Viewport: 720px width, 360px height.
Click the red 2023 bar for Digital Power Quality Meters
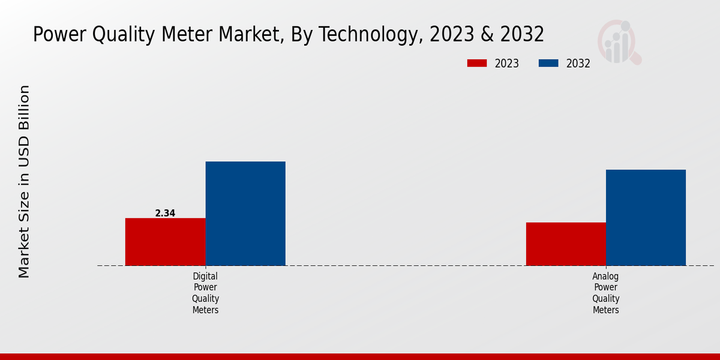[165, 241]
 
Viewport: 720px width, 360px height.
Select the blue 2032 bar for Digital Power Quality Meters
[245, 213]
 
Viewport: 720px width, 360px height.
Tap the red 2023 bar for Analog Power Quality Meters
[566, 244]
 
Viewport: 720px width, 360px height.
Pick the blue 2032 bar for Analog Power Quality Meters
[646, 217]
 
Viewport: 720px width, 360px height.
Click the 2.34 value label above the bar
[165, 213]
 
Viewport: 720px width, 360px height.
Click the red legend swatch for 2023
[477, 64]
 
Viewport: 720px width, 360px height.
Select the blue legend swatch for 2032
[548, 64]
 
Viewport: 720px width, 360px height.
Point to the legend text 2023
[507, 64]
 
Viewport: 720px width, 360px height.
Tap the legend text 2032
[578, 64]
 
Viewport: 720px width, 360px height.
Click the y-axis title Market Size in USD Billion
[24, 181]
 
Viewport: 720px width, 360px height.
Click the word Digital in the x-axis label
[205, 277]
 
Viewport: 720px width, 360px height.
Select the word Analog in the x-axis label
[605, 277]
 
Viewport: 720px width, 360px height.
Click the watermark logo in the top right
[619, 42]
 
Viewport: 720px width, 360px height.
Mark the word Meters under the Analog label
[605, 310]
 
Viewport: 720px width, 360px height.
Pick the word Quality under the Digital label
[205, 299]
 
